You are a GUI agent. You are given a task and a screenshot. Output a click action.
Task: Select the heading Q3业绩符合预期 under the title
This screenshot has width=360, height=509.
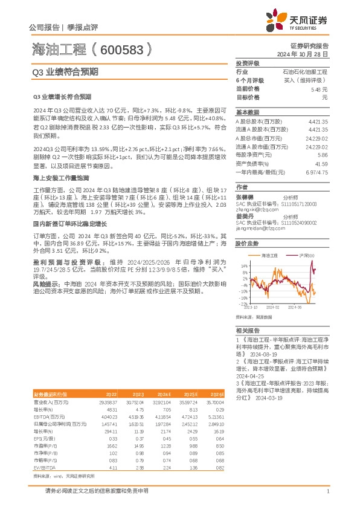[x=65, y=71]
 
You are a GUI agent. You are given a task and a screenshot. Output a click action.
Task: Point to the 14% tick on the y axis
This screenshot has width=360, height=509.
[x=244, y=265]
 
